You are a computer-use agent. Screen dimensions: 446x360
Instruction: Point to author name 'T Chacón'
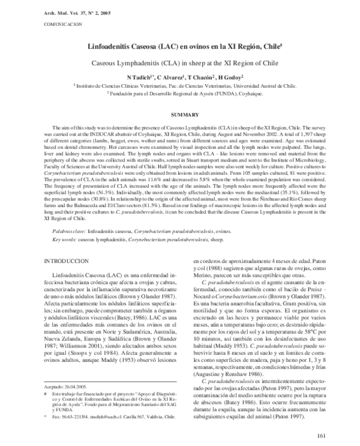click(x=202, y=78)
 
